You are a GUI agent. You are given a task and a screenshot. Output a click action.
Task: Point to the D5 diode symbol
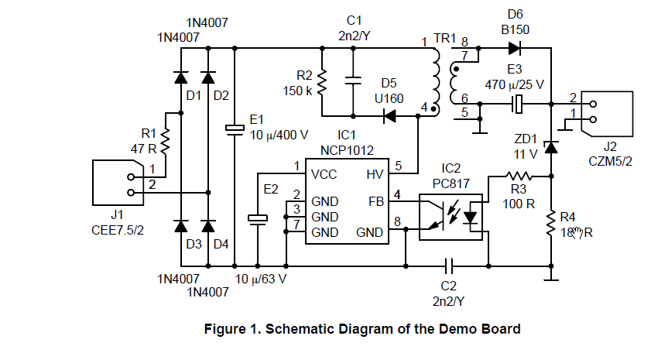click(389, 116)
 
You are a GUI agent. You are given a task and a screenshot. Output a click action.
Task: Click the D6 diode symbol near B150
click(514, 48)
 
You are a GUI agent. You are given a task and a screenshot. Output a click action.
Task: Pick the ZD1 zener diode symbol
click(550, 147)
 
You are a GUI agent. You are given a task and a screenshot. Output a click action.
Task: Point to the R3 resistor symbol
click(519, 177)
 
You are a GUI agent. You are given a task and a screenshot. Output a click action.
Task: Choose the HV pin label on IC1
click(374, 175)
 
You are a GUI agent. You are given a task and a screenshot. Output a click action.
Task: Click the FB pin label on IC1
click(375, 201)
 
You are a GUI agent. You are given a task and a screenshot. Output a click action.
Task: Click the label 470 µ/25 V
click(515, 83)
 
